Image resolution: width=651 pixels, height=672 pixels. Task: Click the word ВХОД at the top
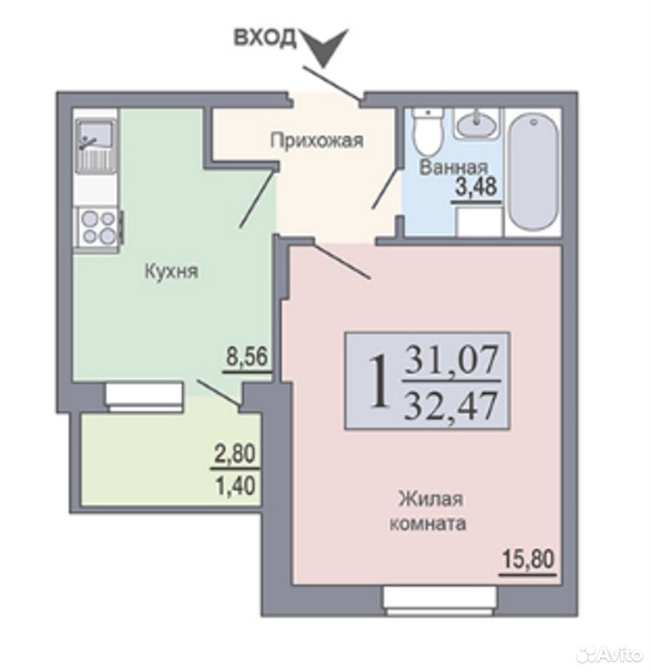pos(265,38)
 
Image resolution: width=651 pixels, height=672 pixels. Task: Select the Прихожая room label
pos(316,140)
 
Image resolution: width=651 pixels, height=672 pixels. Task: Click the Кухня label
pos(171,272)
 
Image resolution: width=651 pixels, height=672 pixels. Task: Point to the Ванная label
pos(454,167)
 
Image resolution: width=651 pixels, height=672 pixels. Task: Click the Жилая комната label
pos(428,511)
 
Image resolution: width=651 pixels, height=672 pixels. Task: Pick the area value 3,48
pos(476,187)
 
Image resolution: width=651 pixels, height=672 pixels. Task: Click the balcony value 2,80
pos(235,454)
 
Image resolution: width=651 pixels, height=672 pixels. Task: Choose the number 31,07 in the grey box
pos(452,359)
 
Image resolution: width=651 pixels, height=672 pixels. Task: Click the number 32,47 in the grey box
pos(452,405)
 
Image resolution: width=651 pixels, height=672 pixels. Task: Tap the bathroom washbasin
pos(477,123)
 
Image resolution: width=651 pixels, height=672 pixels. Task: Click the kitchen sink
pos(94,145)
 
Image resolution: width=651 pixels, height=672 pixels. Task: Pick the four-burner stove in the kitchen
pos(99,227)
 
